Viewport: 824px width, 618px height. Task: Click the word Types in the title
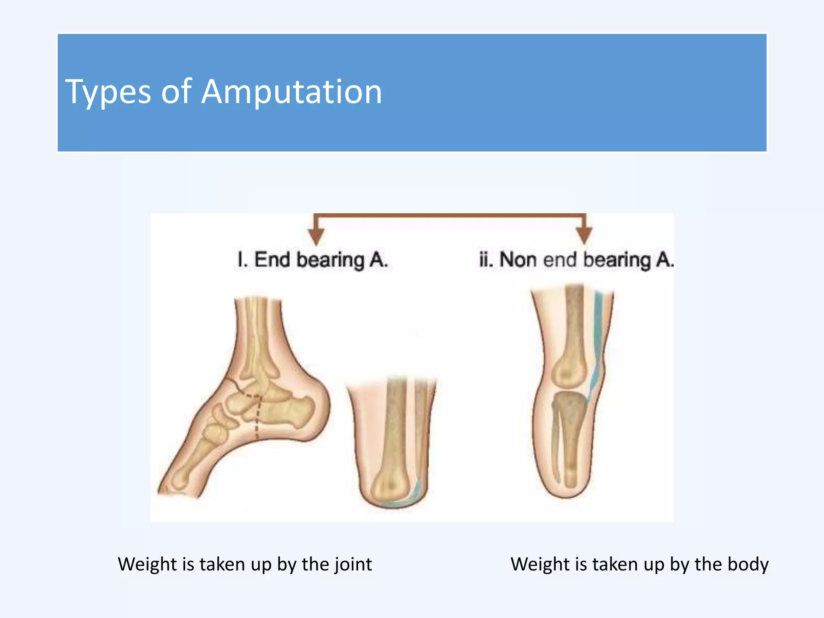coord(108,93)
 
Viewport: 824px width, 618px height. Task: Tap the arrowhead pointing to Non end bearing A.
coord(584,235)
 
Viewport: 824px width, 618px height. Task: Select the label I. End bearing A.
coord(313,260)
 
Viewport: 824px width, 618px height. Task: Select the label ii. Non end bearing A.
coord(576,260)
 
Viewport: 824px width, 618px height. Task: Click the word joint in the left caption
coord(353,564)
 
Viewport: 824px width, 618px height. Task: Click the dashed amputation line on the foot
coord(257,418)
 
